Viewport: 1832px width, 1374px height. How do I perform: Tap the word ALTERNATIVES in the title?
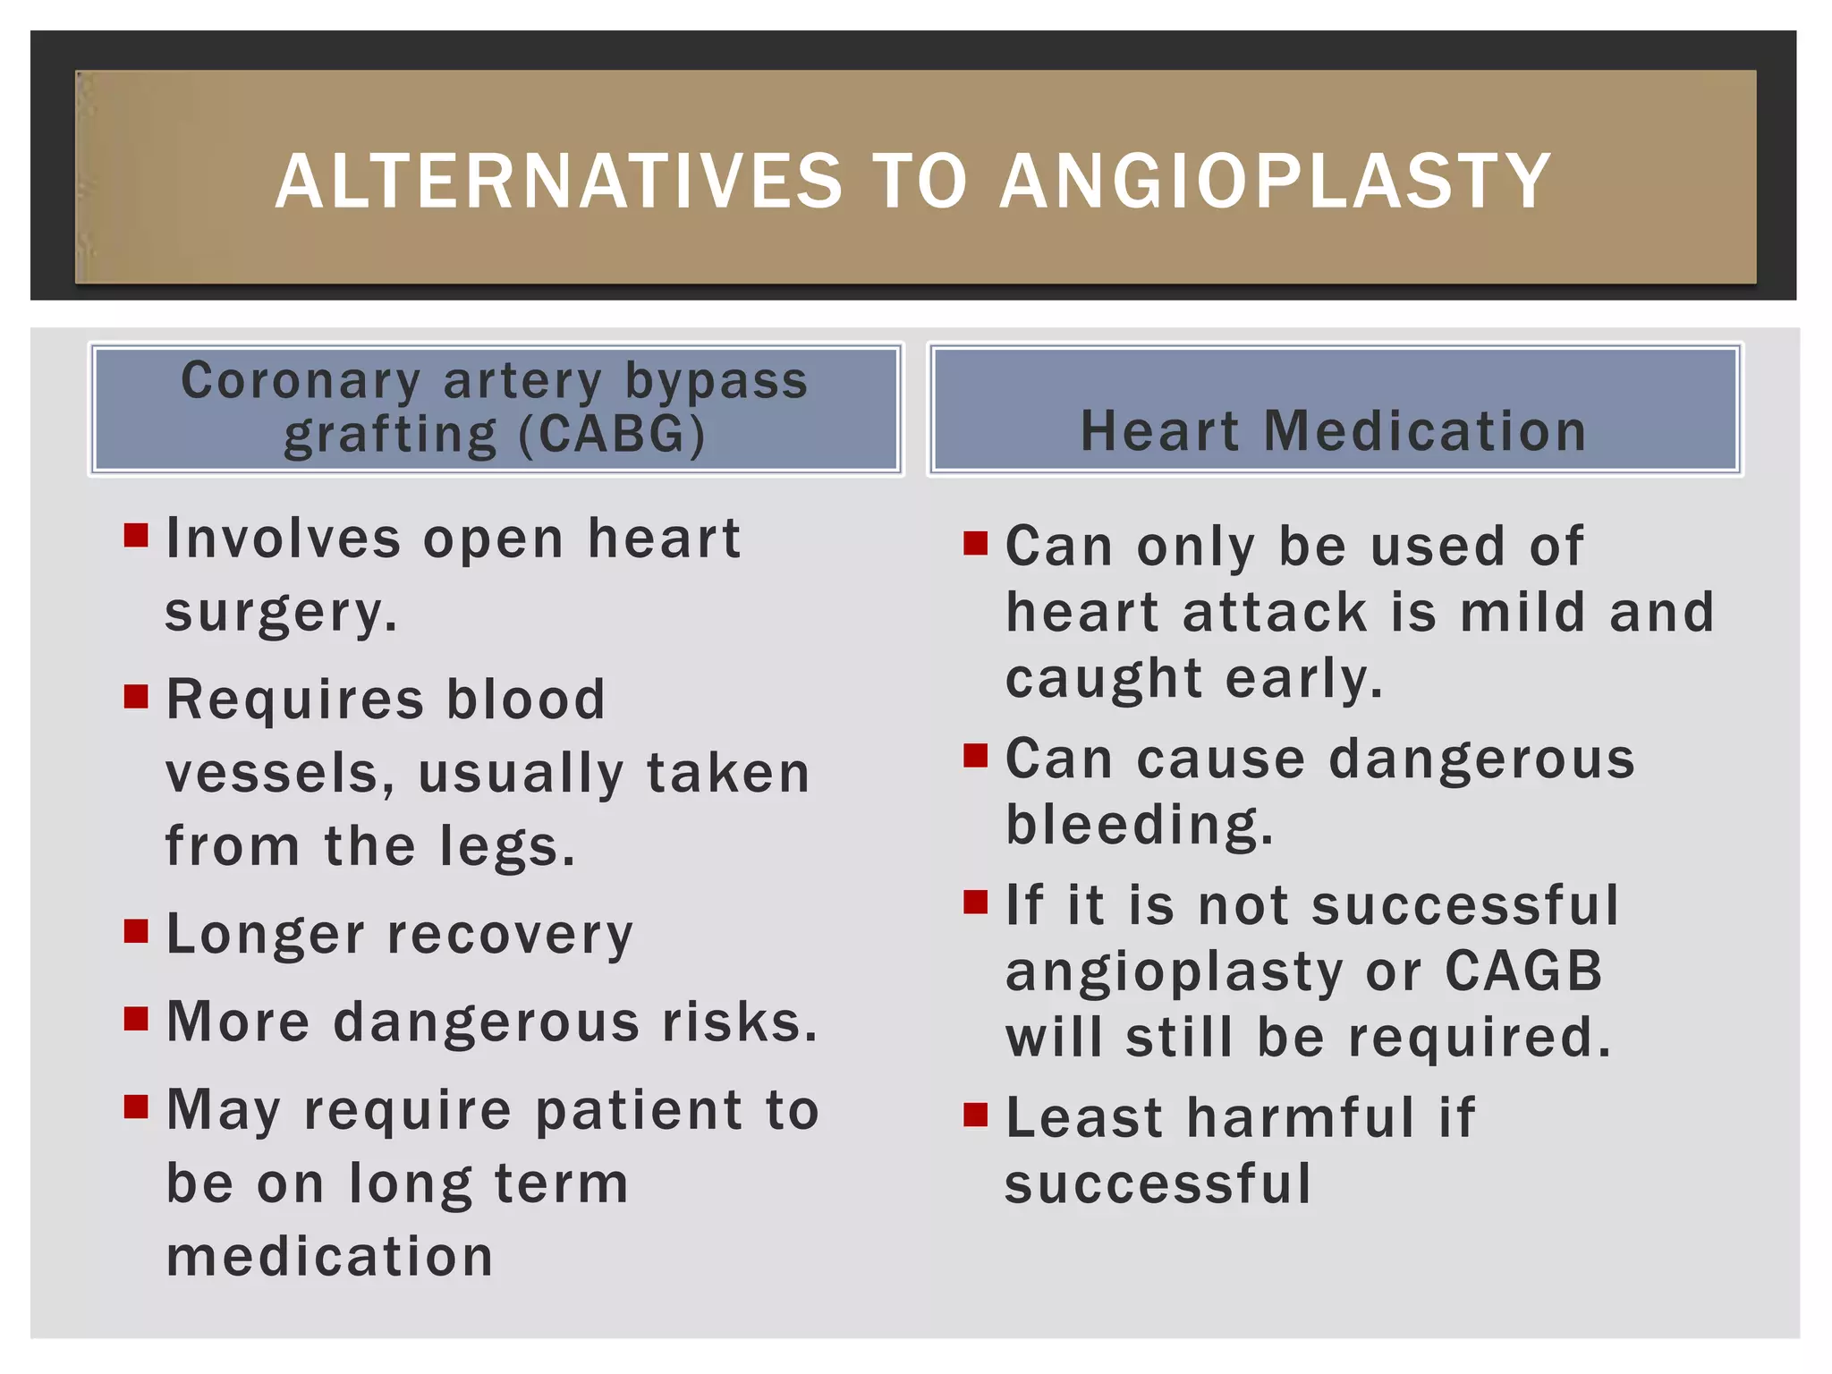tap(559, 182)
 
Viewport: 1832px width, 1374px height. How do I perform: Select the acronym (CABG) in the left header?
tap(611, 435)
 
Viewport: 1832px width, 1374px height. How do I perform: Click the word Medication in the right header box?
tap(1425, 431)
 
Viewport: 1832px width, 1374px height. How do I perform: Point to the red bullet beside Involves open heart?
tap(136, 536)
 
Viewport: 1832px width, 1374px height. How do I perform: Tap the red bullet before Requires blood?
tap(136, 696)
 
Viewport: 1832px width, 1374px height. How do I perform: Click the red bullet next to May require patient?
tap(136, 1107)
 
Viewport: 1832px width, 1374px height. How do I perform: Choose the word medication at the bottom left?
tap(330, 1256)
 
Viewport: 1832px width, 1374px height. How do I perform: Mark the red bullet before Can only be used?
tap(975, 543)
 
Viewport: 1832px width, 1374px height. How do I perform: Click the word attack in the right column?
tap(1275, 613)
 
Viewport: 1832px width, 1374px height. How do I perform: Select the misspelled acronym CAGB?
tap(1523, 971)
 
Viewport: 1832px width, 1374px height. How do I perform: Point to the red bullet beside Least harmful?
tap(975, 1115)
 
